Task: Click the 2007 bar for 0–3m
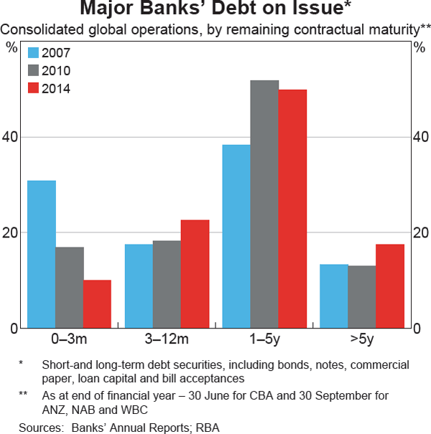point(42,255)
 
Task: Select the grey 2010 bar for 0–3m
point(70,288)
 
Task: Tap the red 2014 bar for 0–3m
point(97,304)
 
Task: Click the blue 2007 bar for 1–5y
point(236,237)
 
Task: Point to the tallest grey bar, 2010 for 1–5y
point(264,204)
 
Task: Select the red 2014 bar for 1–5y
point(292,209)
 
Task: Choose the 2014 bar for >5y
point(390,286)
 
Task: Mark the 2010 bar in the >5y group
point(362,297)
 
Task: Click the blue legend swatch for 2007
point(33,52)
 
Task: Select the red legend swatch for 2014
point(33,88)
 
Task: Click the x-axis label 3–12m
point(167,339)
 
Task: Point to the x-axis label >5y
point(362,339)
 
